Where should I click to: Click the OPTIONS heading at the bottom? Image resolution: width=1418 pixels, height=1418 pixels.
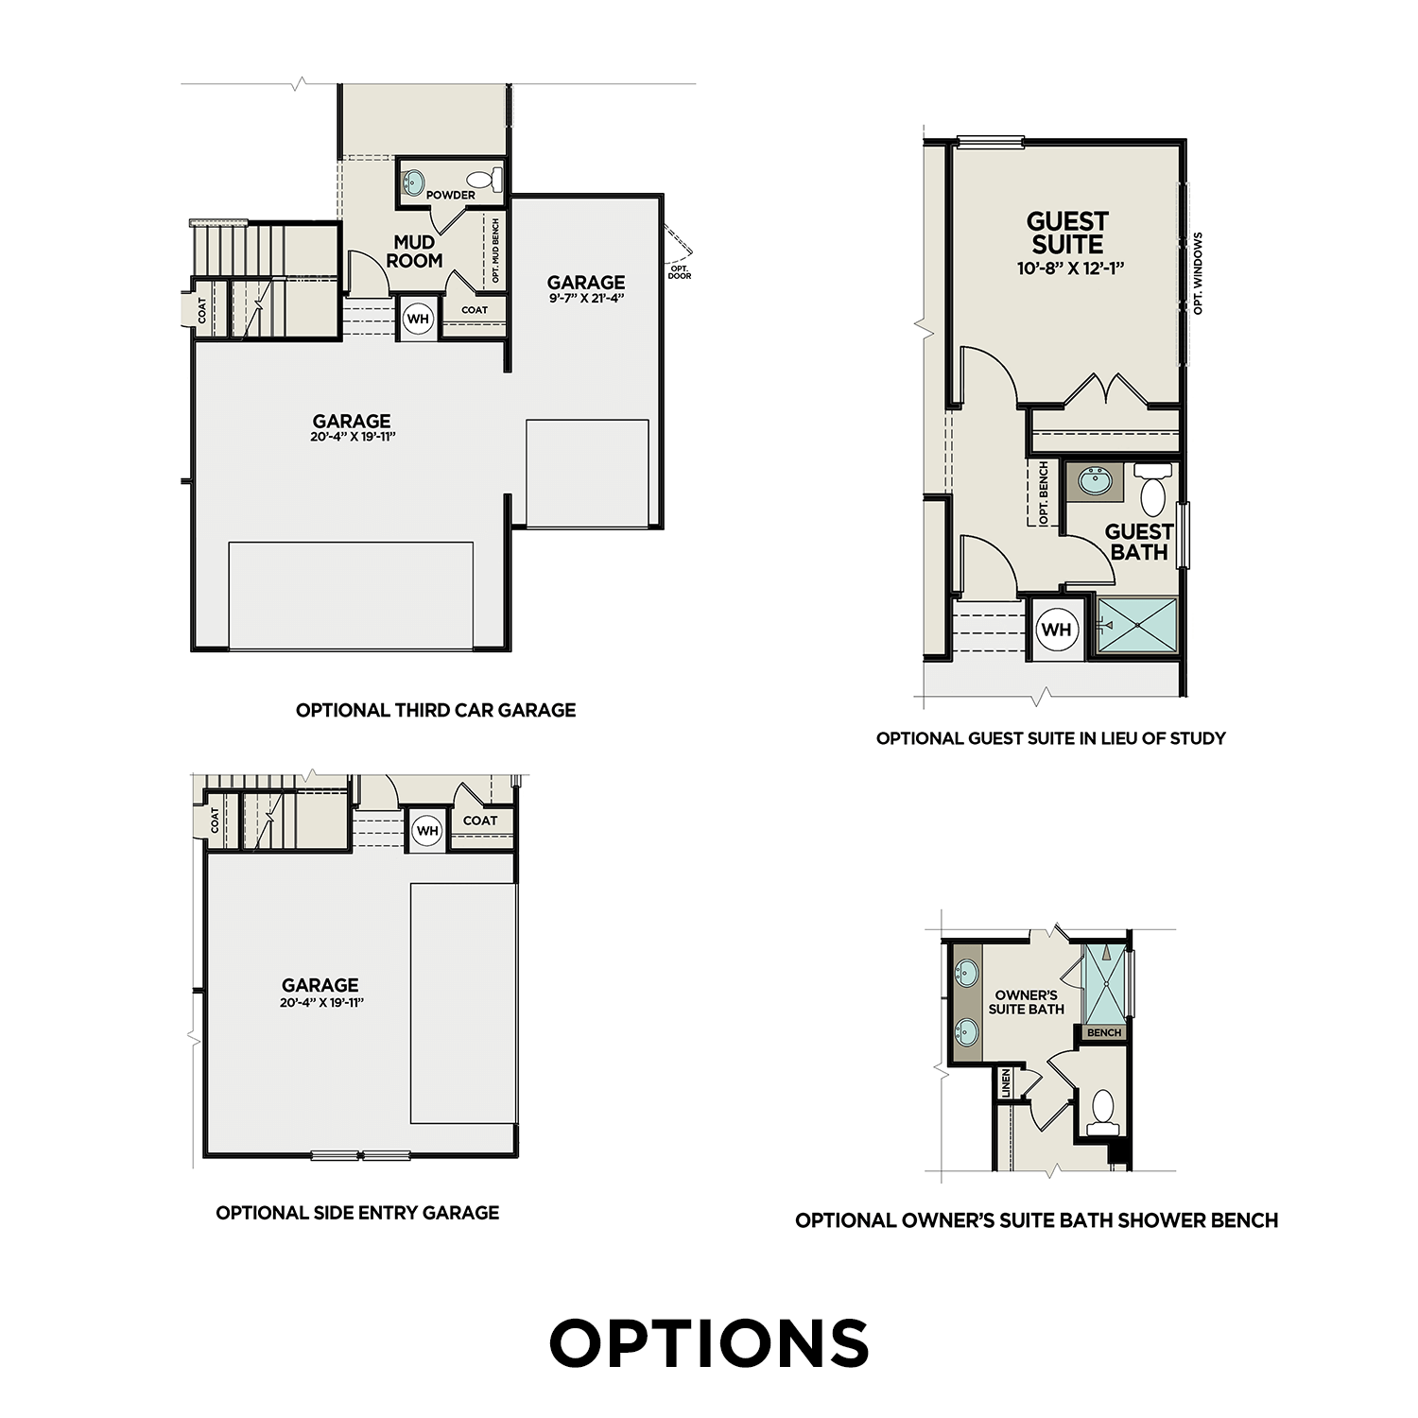click(x=709, y=1343)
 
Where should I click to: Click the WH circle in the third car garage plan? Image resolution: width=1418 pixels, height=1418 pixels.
click(x=418, y=319)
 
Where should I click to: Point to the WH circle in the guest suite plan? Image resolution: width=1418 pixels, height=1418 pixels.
click(x=1056, y=630)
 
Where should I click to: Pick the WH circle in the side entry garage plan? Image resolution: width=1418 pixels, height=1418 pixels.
click(x=427, y=831)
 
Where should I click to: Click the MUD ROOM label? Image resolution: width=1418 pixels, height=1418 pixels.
click(x=415, y=251)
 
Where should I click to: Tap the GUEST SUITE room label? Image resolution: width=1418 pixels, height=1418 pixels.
click(x=1067, y=233)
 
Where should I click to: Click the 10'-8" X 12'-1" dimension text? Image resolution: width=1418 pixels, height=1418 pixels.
click(x=1070, y=268)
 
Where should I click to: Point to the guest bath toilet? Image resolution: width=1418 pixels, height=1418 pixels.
click(x=1152, y=492)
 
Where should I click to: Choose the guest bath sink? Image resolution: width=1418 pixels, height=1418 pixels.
click(x=1096, y=481)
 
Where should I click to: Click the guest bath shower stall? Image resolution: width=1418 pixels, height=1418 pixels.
click(x=1137, y=625)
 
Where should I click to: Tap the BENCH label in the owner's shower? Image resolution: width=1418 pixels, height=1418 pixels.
click(x=1103, y=1033)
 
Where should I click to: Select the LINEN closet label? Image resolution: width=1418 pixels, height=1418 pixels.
click(x=1006, y=1083)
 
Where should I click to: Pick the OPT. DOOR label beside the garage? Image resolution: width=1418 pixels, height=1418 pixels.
click(x=680, y=272)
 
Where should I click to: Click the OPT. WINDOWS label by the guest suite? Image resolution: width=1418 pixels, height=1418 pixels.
click(x=1199, y=273)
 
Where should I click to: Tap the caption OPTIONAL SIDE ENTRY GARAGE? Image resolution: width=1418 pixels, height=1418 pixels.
click(x=357, y=1213)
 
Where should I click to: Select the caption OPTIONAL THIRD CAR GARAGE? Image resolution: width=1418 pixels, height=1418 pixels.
click(x=436, y=710)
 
